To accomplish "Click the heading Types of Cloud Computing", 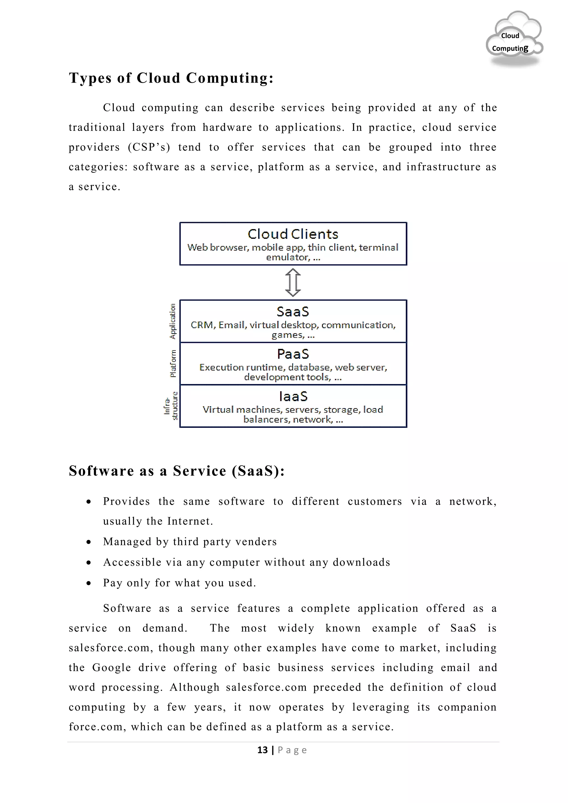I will pos(171,78).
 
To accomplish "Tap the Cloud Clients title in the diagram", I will pos(293,234).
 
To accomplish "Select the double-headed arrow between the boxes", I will pos(293,283).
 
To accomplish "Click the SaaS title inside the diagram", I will pos(293,312).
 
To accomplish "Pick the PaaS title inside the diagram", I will pos(293,354).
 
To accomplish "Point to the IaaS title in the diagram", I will pos(293,396).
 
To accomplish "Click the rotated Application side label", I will pos(173,321).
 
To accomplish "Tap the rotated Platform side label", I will pos(173,364).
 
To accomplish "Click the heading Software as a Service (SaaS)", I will pos(177,471).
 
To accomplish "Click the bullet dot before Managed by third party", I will pos(89,542).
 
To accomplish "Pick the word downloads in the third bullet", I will pos(361,562).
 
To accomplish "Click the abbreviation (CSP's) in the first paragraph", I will pos(149,147).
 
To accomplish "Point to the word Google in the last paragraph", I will pos(111,668).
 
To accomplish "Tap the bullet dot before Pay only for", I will pos(89,583).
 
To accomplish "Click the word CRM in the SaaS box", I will pos(202,325).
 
